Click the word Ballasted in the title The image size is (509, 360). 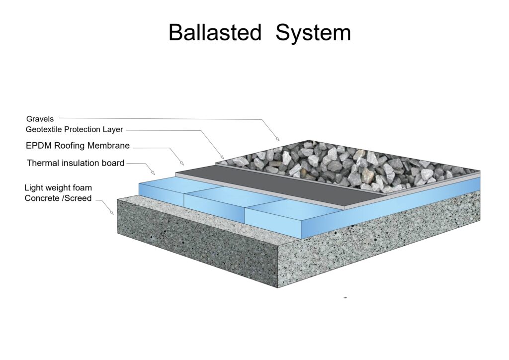point(214,33)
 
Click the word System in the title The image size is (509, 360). point(313,33)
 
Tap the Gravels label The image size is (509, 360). point(40,119)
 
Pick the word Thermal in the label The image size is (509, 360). point(41,163)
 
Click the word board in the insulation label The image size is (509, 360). point(112,163)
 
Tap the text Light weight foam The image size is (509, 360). point(58,188)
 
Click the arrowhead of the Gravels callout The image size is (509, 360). point(277,139)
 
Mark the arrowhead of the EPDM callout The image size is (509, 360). point(182,164)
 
